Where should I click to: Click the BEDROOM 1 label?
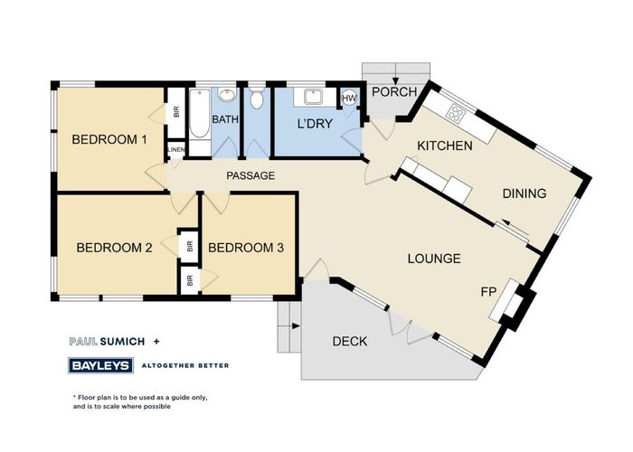pyautogui.click(x=109, y=139)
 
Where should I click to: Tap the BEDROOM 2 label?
pyautogui.click(x=114, y=248)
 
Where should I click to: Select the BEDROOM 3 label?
pyautogui.click(x=246, y=248)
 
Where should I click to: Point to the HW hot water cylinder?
pyautogui.click(x=350, y=98)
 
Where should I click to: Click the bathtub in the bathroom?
pyautogui.click(x=200, y=114)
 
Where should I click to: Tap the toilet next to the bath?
pyautogui.click(x=256, y=98)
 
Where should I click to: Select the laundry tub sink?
pyautogui.click(x=313, y=97)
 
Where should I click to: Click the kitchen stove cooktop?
pyautogui.click(x=457, y=113)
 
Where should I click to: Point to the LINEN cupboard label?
pyautogui.click(x=176, y=150)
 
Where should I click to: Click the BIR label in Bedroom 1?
pyautogui.click(x=176, y=112)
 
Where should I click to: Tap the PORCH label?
pyautogui.click(x=394, y=92)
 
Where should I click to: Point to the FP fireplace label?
pyautogui.click(x=488, y=291)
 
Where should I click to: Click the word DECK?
pyautogui.click(x=350, y=342)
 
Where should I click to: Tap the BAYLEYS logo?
pyautogui.click(x=101, y=365)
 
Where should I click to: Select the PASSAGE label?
pyautogui.click(x=250, y=175)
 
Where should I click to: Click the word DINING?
pyautogui.click(x=524, y=193)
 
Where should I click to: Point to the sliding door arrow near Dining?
pyautogui.click(x=515, y=228)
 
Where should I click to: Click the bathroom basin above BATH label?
pyautogui.click(x=226, y=95)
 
